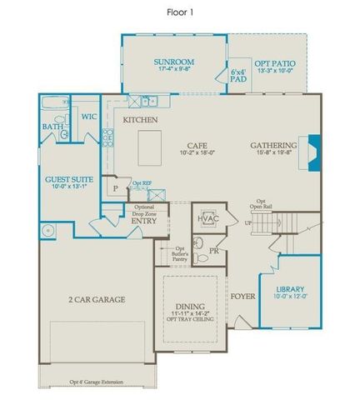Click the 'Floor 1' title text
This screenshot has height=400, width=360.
180,11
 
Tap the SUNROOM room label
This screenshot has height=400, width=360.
173,62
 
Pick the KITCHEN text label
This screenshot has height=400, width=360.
141,120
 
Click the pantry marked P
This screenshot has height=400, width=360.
115,189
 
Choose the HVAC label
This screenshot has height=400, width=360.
207,218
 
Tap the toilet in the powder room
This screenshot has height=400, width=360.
198,244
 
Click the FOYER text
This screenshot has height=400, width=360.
242,294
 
